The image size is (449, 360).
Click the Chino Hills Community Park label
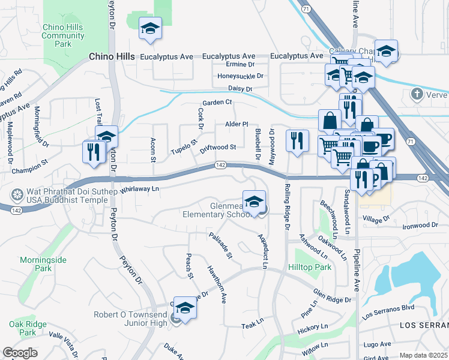tap(63, 35)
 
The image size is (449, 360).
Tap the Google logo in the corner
tap(20, 353)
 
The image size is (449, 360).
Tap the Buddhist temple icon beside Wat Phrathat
tap(17, 195)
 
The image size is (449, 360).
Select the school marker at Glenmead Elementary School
tap(254, 200)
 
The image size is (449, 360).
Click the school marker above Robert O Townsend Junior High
tap(185, 307)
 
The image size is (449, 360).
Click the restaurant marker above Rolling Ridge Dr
tap(297, 140)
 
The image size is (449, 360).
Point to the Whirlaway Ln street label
tap(139, 189)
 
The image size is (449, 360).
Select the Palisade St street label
tap(220, 246)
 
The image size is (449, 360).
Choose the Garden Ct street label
tap(217, 103)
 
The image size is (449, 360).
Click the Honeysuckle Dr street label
tap(241, 76)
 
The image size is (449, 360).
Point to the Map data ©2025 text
tap(423, 355)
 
